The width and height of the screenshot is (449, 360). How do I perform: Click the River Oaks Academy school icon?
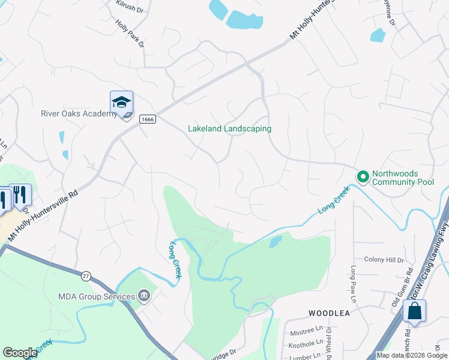click(121, 103)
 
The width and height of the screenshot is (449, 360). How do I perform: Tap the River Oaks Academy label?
click(78, 114)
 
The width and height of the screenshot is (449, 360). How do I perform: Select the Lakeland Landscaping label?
click(229, 129)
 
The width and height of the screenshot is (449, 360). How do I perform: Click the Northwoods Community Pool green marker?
click(363, 176)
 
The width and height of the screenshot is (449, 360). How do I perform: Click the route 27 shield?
click(85, 275)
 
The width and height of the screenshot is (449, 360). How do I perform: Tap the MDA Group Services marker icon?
click(144, 295)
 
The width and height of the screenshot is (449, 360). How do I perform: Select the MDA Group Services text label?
click(97, 296)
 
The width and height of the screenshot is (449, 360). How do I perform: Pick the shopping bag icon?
click(415, 312)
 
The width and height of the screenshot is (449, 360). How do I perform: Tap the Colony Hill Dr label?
click(385, 260)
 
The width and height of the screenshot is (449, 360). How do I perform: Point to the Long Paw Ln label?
click(354, 284)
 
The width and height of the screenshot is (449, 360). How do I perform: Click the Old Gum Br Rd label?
click(402, 289)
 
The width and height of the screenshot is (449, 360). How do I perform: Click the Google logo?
click(20, 353)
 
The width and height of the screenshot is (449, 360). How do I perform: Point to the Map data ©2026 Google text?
click(412, 355)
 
